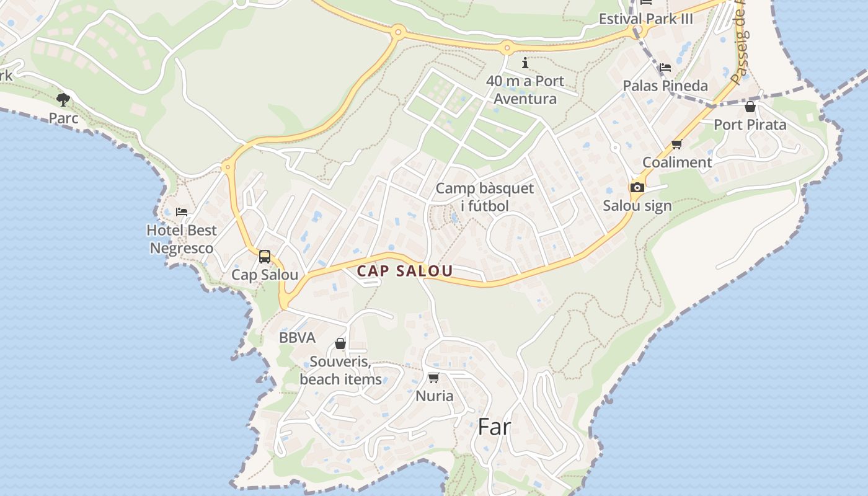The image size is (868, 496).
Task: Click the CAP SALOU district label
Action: tap(405, 271)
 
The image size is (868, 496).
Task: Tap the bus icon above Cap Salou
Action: tap(265, 256)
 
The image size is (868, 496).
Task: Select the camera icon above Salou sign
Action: tap(637, 187)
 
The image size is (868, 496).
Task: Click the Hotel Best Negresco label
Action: tap(182, 239)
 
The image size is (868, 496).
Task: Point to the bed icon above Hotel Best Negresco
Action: tap(182, 212)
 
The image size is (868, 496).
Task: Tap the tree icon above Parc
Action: tap(63, 99)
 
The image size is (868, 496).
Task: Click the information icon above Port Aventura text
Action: tap(525, 63)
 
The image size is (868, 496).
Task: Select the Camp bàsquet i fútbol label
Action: tap(484, 197)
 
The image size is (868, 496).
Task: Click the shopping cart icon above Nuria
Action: tap(433, 378)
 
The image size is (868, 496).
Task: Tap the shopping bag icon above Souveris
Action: tap(340, 343)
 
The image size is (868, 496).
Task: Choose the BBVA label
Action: tap(298, 338)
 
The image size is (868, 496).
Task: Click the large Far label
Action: tap(494, 427)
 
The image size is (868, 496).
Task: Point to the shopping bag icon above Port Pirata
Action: tap(750, 107)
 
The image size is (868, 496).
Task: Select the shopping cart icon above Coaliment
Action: tap(676, 144)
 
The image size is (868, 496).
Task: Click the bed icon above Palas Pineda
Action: tap(665, 67)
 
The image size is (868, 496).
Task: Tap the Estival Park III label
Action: tap(645, 19)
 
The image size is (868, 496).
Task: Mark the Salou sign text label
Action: tap(637, 206)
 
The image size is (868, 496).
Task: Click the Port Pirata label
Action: tap(750, 125)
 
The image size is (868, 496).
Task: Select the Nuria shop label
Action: tap(434, 396)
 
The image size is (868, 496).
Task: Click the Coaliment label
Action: tap(676, 162)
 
